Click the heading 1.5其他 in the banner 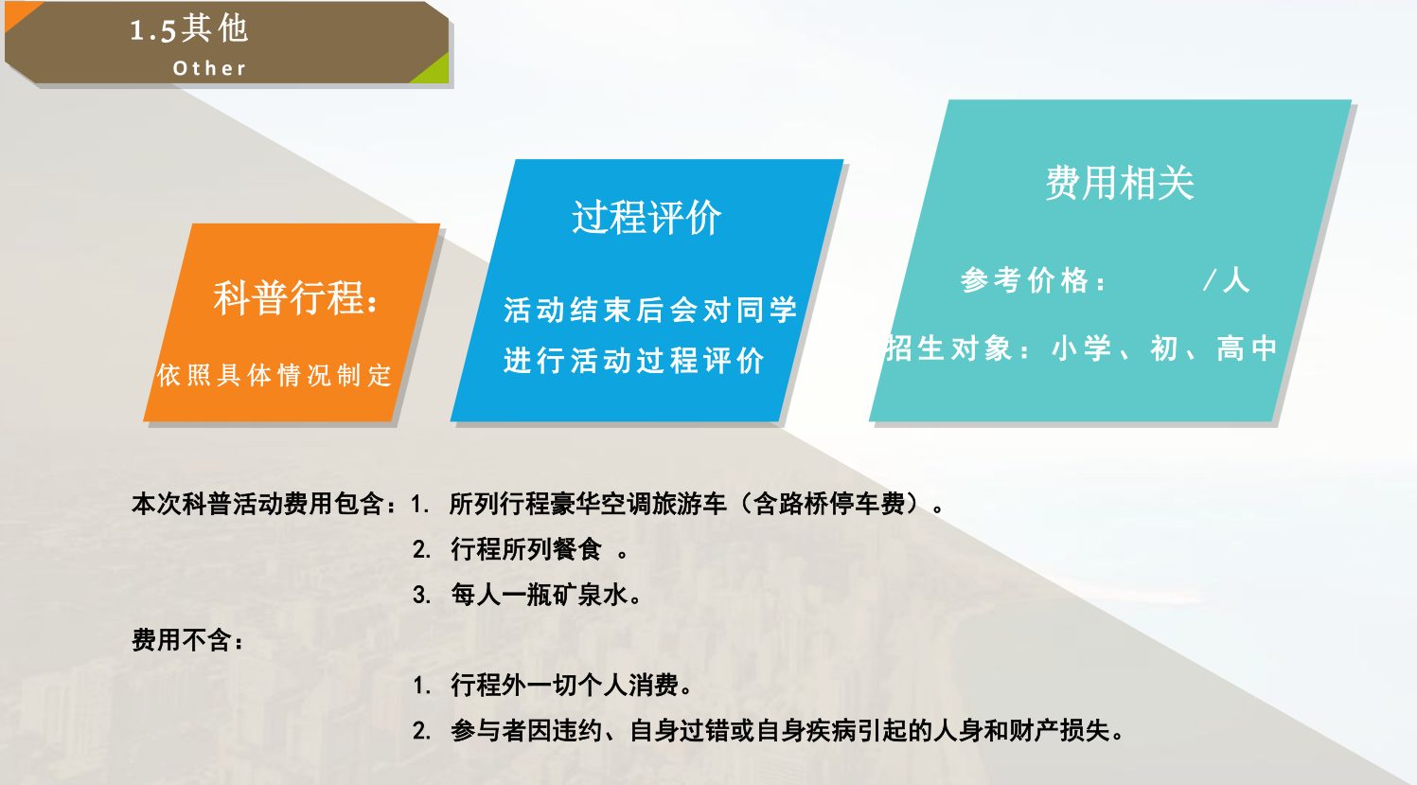point(188,29)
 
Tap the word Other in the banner point(209,68)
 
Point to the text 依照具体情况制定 point(275,375)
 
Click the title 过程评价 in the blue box point(647,217)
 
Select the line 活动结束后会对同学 point(650,311)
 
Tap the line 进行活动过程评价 point(634,361)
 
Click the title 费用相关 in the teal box point(1120,184)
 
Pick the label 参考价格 point(1025,280)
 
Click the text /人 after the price point(1226,279)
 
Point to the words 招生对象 point(948,348)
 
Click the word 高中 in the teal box point(1247,348)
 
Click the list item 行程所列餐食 point(526,549)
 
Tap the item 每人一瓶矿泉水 point(539,595)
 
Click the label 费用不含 point(181,640)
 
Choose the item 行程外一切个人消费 point(564,685)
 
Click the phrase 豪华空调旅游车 point(638,504)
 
